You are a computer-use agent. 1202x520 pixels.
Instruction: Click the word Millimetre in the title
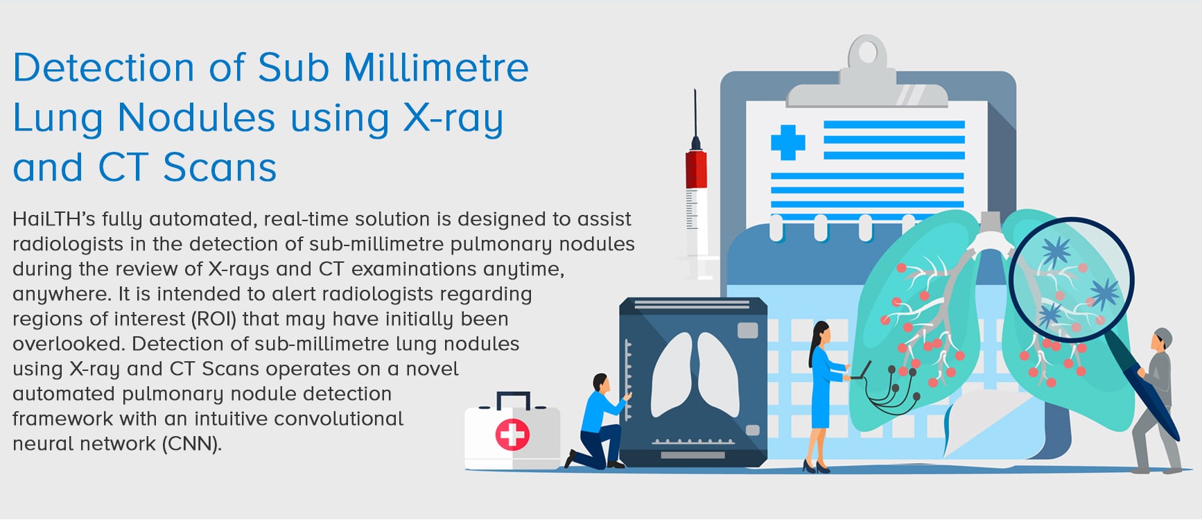coord(436,68)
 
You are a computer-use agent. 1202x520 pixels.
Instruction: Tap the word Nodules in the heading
coord(197,117)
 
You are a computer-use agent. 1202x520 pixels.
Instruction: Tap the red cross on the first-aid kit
coord(512,435)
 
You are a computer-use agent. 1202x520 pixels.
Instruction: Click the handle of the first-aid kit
coord(514,400)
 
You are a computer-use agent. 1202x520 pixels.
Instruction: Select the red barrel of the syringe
coord(696,169)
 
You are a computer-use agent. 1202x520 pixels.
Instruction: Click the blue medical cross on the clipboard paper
coord(788,142)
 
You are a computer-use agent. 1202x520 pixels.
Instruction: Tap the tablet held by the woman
coord(862,371)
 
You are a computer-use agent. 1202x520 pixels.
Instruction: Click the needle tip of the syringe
coord(695,90)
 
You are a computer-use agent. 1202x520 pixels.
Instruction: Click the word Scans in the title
coord(220,168)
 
